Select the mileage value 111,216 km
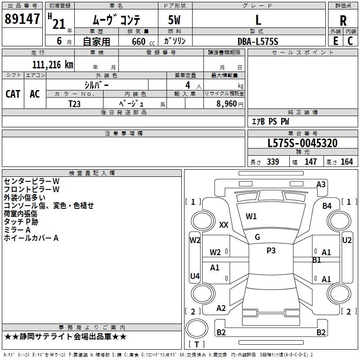click(x=53, y=64)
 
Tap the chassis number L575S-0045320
click(x=302, y=143)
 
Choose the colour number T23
click(x=75, y=103)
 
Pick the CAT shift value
click(x=13, y=94)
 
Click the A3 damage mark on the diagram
click(x=321, y=184)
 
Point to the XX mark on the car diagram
click(x=224, y=225)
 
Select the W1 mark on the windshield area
click(x=251, y=216)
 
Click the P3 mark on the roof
click(x=271, y=251)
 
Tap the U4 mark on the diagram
click(x=195, y=276)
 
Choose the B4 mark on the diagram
click(x=327, y=206)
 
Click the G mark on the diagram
click(x=257, y=237)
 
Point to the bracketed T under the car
click(x=199, y=344)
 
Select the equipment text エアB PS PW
click(x=270, y=121)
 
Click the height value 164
click(x=347, y=162)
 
